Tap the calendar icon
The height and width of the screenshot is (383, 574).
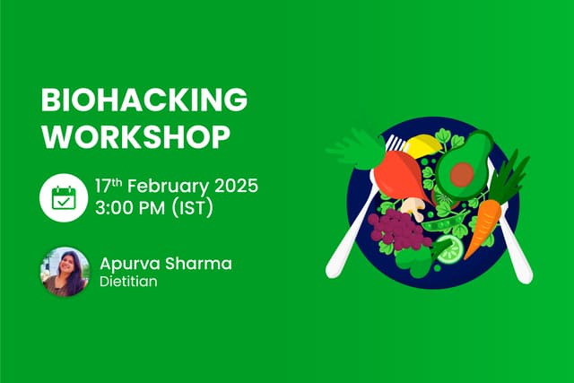pyautogui.click(x=64, y=197)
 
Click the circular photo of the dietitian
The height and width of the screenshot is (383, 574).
pyautogui.click(x=65, y=272)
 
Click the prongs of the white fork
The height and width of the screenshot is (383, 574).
pyautogui.click(x=395, y=144)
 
